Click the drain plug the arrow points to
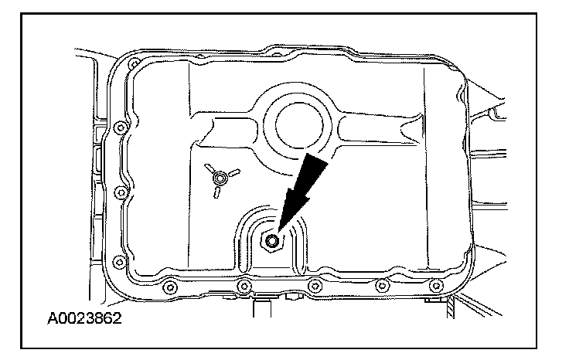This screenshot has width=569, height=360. [272, 242]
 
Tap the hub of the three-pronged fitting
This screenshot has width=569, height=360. [222, 178]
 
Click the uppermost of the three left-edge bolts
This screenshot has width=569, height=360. [117, 127]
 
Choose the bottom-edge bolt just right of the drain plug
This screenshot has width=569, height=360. [313, 287]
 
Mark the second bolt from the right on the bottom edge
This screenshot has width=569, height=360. [380, 287]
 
